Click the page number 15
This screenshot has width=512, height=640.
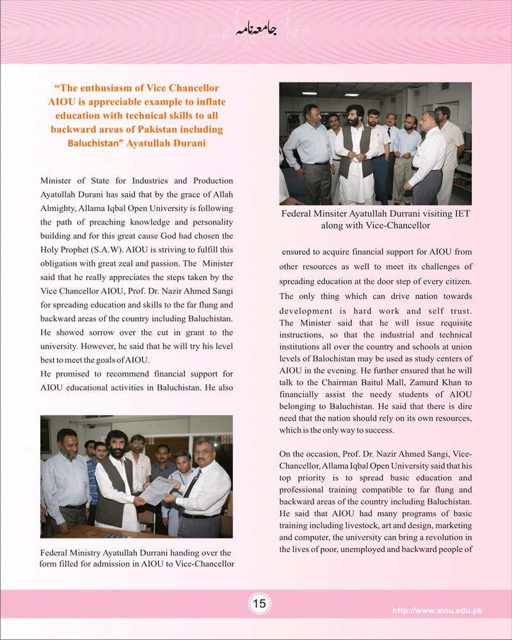click(260, 604)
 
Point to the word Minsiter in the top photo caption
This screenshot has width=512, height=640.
click(337, 214)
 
